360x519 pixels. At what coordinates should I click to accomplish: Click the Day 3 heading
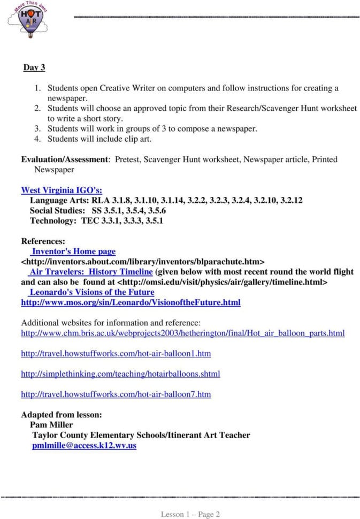(34, 68)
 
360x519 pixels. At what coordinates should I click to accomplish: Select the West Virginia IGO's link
(62, 190)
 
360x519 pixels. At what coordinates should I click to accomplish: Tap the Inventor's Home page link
(73, 251)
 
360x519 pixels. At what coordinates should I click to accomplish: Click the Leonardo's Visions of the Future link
(91, 292)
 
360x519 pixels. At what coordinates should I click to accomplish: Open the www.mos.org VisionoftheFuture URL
(131, 302)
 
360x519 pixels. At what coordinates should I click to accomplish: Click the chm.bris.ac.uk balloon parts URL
(182, 333)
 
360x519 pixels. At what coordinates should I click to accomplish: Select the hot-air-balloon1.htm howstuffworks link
(116, 354)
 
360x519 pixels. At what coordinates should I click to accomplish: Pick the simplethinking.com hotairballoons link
(120, 374)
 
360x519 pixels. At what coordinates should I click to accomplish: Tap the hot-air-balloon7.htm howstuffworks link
(116, 394)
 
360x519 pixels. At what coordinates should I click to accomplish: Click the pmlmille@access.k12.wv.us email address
(84, 445)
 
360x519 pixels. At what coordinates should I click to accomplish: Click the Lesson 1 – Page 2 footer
(190, 514)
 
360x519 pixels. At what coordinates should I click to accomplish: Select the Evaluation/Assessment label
(65, 159)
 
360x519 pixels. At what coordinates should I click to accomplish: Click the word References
(43, 241)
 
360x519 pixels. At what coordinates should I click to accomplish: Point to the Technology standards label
(53, 220)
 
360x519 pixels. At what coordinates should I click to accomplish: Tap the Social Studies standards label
(57, 210)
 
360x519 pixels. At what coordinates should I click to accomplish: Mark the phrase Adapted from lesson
(61, 415)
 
